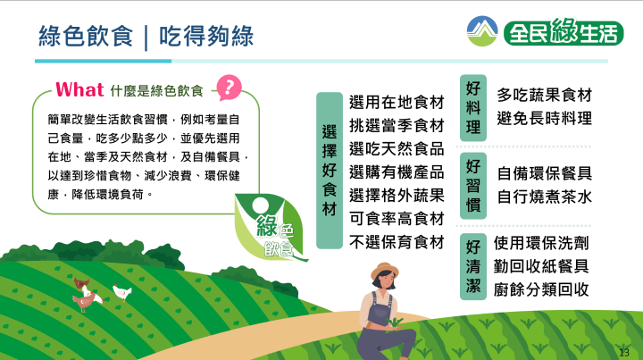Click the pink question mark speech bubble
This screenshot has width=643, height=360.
click(x=229, y=88)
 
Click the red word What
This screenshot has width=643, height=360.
click(x=79, y=90)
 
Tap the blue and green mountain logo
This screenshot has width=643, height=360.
click(x=482, y=31)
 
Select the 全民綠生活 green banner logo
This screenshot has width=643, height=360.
click(x=564, y=32)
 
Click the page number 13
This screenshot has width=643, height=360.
click(x=623, y=352)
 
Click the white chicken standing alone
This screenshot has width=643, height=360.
click(x=122, y=292)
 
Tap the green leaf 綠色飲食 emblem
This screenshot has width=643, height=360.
click(x=271, y=228)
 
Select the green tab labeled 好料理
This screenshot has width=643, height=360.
click(x=473, y=108)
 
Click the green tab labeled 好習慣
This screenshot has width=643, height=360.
click(x=473, y=186)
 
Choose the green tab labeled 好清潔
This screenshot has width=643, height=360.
click(x=473, y=266)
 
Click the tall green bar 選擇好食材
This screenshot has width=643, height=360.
click(x=330, y=171)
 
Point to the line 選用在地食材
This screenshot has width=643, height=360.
click(x=397, y=102)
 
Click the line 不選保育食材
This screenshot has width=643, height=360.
click(x=397, y=242)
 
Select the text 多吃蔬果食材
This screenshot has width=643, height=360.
click(x=545, y=95)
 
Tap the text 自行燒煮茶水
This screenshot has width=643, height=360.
click(x=545, y=197)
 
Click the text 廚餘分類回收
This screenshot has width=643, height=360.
click(x=541, y=290)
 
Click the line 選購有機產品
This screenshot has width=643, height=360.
click(x=397, y=172)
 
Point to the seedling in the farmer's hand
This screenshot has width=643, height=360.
click(x=395, y=322)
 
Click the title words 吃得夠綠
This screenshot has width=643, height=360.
click(x=206, y=36)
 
